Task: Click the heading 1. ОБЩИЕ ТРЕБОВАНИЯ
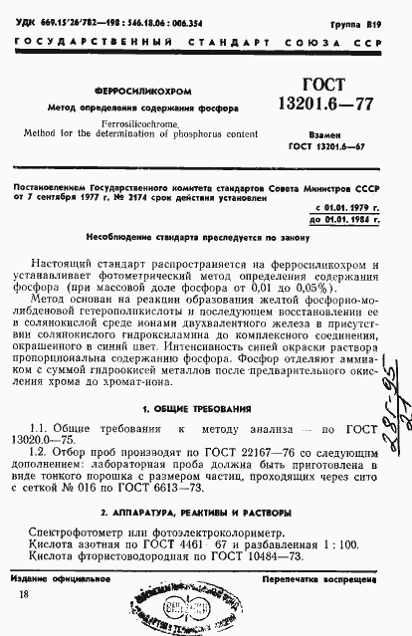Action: click(205, 407)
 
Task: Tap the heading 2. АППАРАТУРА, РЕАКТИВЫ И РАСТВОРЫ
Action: click(205, 511)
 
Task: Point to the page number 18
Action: click(24, 595)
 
